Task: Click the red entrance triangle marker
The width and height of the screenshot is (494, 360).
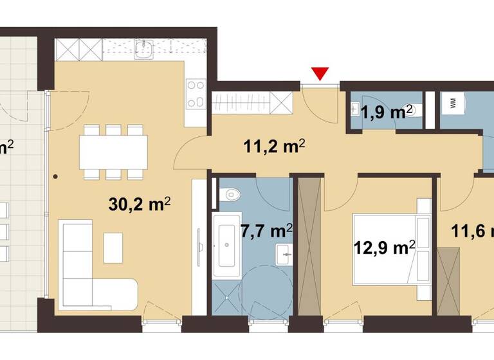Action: [x=320, y=74]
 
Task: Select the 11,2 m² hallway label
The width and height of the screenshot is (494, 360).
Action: [x=273, y=147]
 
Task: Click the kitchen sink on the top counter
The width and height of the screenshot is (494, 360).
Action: [x=143, y=50]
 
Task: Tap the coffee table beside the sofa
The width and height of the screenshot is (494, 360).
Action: [x=113, y=248]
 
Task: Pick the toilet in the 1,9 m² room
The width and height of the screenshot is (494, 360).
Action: [x=414, y=111]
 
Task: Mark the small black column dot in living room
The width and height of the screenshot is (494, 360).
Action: [x=56, y=175]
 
